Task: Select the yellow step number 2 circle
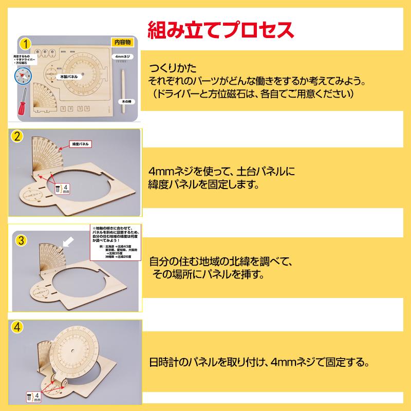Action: click(x=17, y=137)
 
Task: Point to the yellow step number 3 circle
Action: click(x=18, y=240)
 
